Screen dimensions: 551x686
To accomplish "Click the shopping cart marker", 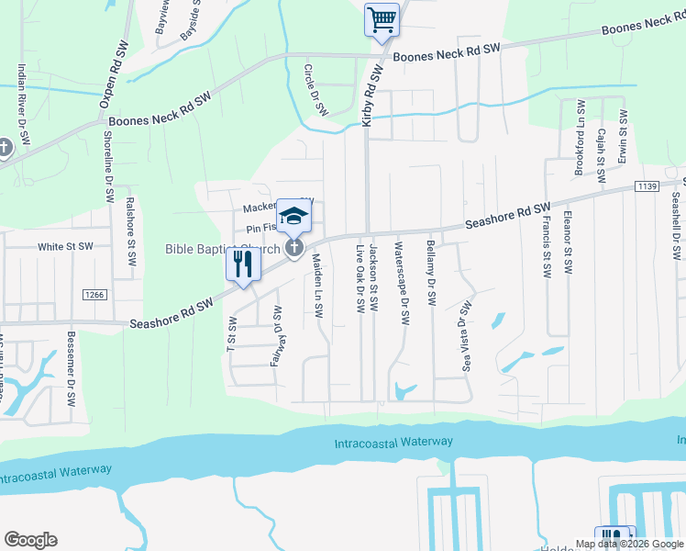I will point(382,20).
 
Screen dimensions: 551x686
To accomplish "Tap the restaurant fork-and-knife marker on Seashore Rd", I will point(240,266).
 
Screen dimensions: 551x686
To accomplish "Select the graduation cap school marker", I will point(294,216).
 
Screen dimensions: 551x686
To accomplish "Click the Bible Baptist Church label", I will point(222,249).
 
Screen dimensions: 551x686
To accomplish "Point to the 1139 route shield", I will point(647,186).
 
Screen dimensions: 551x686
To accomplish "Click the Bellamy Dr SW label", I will point(430,274).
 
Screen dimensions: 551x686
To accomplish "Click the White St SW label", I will point(65,247).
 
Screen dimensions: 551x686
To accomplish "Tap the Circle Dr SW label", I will point(315,90).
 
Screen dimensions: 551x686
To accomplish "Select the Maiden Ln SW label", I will point(316,287).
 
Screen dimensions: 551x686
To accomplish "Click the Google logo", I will point(30,540).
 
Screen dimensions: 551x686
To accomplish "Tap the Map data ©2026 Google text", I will point(628,544).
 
